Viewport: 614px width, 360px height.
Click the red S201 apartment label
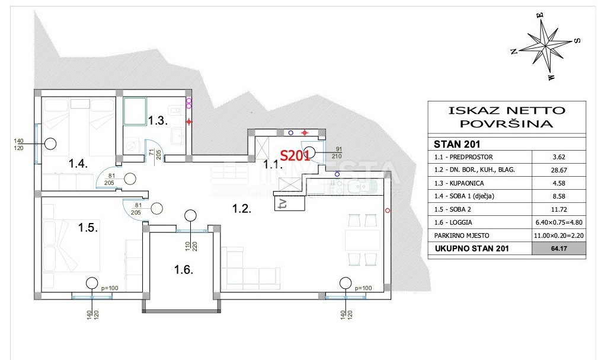tap(295, 155)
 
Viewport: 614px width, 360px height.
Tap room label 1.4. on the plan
tap(78, 164)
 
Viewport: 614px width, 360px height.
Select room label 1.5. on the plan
tap(89, 226)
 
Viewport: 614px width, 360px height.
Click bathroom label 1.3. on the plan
tap(158, 120)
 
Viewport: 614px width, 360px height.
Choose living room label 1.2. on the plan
tap(241, 208)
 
